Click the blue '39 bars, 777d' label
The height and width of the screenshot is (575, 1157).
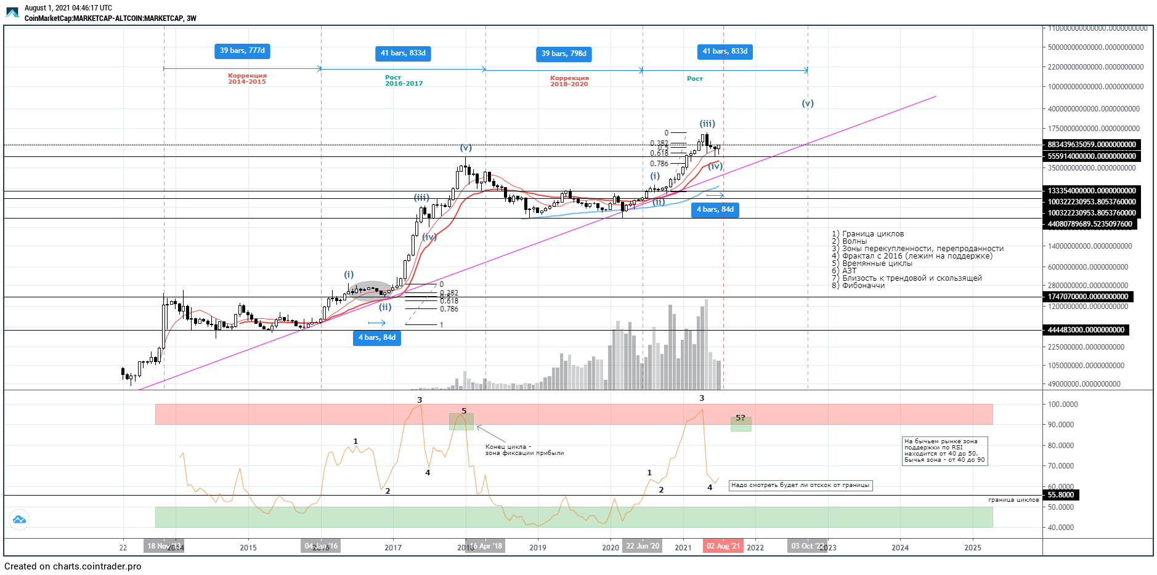[x=242, y=51]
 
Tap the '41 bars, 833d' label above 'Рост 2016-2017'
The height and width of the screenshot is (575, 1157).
[x=403, y=54]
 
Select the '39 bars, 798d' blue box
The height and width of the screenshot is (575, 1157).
[x=564, y=54]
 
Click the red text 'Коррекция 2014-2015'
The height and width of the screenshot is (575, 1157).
[x=247, y=79]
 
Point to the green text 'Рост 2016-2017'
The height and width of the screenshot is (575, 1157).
[x=404, y=81]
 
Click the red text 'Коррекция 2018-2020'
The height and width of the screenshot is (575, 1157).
[x=569, y=81]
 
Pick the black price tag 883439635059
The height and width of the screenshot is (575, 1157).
[x=1092, y=145]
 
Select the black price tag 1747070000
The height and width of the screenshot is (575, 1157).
[x=1088, y=297]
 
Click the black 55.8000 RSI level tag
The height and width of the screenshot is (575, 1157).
[x=1061, y=495]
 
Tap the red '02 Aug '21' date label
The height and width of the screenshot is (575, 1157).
[x=723, y=546]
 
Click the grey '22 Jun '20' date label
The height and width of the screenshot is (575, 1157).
[x=643, y=546]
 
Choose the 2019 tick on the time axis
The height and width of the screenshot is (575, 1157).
[x=538, y=547]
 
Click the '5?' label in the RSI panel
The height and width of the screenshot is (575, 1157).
[x=741, y=418]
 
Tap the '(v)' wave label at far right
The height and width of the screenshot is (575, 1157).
[x=808, y=103]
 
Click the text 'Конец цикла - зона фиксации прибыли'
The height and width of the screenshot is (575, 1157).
[x=524, y=450]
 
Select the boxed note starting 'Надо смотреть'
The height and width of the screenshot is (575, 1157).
[x=800, y=485]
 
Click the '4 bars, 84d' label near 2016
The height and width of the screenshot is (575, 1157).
[x=377, y=338]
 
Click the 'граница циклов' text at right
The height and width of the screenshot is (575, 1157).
[x=1013, y=500]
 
